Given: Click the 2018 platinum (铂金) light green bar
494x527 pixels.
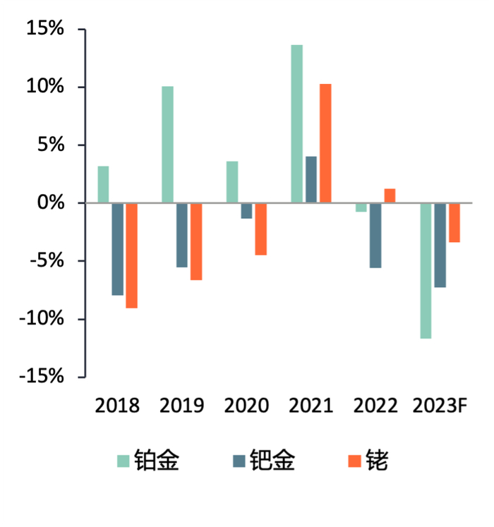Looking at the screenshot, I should point(103,185).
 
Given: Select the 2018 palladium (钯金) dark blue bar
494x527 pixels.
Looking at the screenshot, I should point(117,249).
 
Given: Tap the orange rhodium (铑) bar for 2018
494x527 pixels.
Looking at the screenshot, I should point(131,255).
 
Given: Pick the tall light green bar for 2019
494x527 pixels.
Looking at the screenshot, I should point(167,145).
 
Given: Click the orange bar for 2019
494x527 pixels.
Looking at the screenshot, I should point(195,241).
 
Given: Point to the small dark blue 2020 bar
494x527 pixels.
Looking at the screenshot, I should point(246,211).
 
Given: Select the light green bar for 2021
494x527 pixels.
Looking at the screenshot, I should point(296,124).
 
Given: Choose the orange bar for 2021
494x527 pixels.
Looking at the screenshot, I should point(325,143).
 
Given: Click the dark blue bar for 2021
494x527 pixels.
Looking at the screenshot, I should point(311,180).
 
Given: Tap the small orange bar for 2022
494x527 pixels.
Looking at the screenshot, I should point(390,195).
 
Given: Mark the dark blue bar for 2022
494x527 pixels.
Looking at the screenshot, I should point(375,236).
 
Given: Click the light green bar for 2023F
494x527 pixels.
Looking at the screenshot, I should point(426,271).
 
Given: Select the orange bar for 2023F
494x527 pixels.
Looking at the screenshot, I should point(454,223).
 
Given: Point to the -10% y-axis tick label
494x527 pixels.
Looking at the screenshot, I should point(40,319).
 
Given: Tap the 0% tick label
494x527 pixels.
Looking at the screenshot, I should point(50,203).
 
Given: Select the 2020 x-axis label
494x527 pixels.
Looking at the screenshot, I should point(246,406).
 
